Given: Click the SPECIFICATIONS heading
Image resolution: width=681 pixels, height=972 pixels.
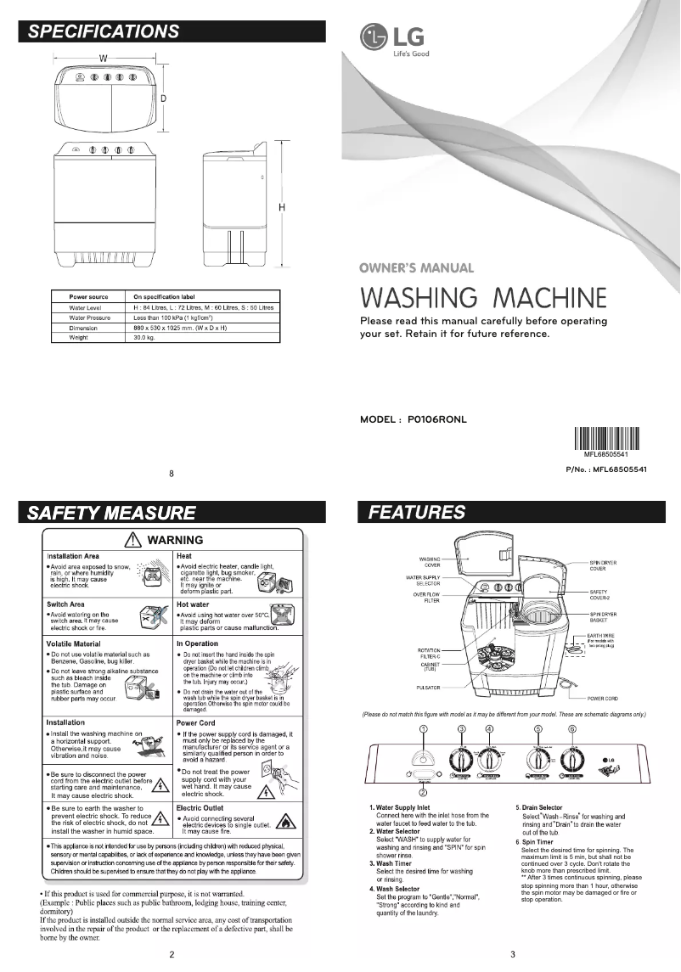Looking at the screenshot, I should [x=104, y=32].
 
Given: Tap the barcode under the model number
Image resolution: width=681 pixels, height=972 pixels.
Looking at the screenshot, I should [x=604, y=442].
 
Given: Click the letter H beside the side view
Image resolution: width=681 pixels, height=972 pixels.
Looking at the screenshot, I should [x=281, y=207].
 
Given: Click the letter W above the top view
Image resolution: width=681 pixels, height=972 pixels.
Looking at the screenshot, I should [x=102, y=59].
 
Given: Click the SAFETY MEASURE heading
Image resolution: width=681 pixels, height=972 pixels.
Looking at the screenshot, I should [x=111, y=513].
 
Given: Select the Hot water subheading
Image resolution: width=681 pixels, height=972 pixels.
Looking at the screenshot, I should [x=194, y=604].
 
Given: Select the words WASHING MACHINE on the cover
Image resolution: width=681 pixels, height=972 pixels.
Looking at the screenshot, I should [x=483, y=300].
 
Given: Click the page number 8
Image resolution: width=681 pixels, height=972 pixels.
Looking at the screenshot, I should [x=172, y=473].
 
